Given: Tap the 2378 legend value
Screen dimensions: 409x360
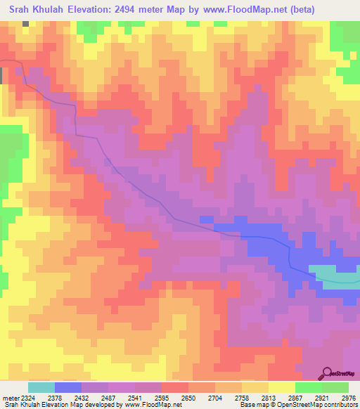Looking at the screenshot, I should [x=68, y=398].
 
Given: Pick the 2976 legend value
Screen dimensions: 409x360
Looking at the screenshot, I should [x=346, y=398].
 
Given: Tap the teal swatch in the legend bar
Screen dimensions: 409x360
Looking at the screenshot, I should [x=41, y=387].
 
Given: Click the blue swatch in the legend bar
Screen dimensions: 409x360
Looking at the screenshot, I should [x=68, y=387].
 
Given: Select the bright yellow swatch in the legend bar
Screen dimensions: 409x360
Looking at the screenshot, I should [x=281, y=387].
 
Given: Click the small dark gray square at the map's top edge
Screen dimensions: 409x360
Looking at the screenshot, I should [x=26, y=23].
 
